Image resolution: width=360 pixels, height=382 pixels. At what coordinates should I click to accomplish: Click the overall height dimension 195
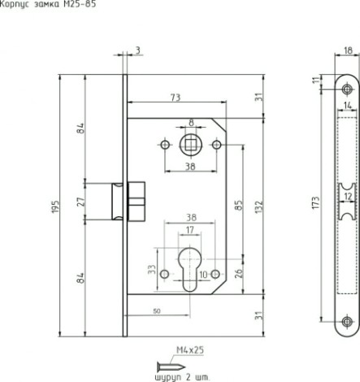(55, 206)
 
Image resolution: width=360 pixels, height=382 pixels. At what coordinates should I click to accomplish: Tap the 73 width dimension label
(176, 98)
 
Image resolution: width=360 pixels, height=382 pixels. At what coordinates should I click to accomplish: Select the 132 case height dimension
(259, 206)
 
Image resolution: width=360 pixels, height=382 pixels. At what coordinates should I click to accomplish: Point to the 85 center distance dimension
(238, 205)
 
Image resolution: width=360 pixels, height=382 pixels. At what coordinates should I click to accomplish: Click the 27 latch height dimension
(80, 202)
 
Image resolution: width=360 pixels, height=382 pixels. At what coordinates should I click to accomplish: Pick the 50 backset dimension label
(157, 311)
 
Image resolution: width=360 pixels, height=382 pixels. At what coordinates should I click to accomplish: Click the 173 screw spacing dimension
(316, 202)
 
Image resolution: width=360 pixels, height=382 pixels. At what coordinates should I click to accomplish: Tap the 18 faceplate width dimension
(348, 50)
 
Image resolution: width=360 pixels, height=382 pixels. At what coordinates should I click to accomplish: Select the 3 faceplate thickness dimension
(138, 50)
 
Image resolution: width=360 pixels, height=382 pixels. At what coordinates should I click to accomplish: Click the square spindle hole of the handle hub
(191, 145)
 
